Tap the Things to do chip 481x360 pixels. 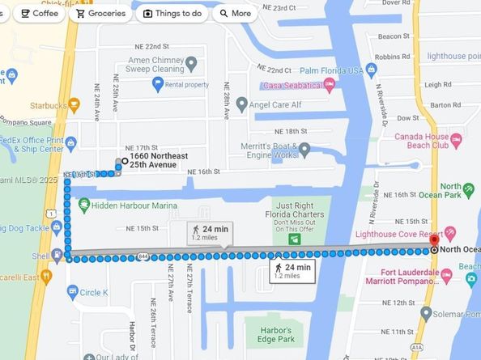tap(172, 13)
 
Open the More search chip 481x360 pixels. tap(233, 13)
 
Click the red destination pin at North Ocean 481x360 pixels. tap(434, 240)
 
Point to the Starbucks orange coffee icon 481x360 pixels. tap(74, 104)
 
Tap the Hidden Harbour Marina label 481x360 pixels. tap(134, 205)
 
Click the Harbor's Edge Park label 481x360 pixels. tap(272, 333)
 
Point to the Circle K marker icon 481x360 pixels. tap(72, 291)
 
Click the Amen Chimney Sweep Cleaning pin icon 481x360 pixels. tap(192, 62)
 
